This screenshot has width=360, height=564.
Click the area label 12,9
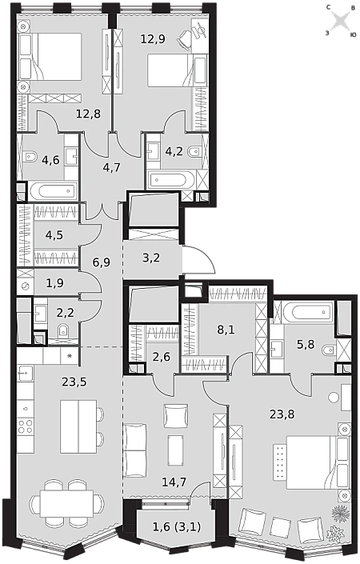pos(153,38)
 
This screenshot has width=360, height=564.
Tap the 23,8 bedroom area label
pos(282,414)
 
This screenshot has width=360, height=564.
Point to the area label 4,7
pos(111,167)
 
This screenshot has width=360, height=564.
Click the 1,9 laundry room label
pos(54,283)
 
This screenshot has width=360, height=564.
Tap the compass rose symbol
pos(340,21)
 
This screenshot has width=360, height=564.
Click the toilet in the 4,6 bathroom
pos(30,157)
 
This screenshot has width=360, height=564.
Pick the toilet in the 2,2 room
pos(63,330)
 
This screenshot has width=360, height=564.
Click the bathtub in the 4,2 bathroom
pos(171,178)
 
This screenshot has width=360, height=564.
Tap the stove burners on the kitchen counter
pos(26,426)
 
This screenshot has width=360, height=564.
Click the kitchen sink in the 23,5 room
pos(25,373)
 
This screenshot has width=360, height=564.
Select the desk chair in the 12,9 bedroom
pos(186,39)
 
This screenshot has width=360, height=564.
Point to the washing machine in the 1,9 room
pos(25,286)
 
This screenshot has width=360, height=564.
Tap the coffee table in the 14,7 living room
pos(175,450)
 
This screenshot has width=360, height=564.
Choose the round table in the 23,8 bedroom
pos(334,398)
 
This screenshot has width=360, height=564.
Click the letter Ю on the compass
pos(354,34)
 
